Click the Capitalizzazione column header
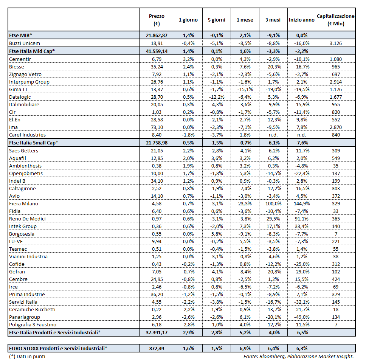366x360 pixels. (335, 20)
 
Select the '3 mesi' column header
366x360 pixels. (273, 20)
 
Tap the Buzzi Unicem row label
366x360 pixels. (25, 43)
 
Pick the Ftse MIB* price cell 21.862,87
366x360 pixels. (157, 35)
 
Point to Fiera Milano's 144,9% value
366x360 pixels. (302, 204)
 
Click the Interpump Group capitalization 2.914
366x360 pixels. (335, 82)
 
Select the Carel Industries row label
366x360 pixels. (28, 135)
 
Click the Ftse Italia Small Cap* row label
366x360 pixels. (34, 143)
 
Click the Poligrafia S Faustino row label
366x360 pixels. (33, 325)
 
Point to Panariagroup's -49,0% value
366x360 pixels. (302, 317)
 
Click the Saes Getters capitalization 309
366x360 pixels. (335, 151)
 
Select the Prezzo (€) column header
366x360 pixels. (157, 20)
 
